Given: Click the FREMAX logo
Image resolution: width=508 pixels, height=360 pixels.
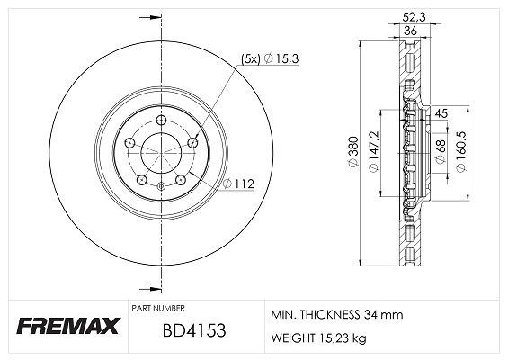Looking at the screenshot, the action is coord(68,325).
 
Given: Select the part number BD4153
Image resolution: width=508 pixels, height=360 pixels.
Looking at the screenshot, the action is coord(194,330).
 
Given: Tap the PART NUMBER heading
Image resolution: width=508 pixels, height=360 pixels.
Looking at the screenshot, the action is coord(158,308).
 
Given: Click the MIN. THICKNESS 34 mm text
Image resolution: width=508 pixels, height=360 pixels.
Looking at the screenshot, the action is coord(337,314).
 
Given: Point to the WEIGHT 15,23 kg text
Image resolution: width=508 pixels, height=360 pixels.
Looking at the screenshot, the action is coord(319,337).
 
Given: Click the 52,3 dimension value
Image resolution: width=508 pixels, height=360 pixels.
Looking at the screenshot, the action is coord(414,17).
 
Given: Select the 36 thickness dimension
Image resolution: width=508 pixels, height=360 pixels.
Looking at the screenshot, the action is coord(410,31).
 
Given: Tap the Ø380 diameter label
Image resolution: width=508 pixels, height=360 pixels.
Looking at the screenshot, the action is coord(353,151).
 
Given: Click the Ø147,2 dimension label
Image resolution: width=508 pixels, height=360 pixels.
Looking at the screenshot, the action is coord(373,152).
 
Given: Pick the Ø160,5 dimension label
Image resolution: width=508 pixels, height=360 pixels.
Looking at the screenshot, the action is coord(460,151).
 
